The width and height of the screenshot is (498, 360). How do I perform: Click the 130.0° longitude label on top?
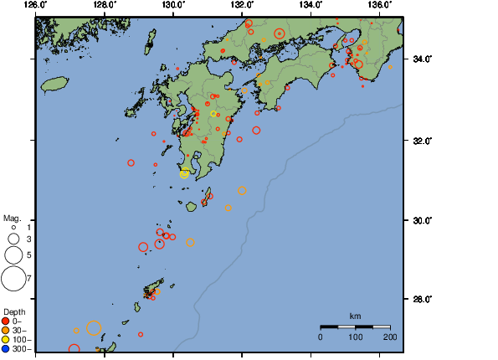click(x=172, y=4)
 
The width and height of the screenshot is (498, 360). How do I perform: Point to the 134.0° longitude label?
click(x=311, y=4)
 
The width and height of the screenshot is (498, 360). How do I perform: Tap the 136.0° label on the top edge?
click(x=379, y=4)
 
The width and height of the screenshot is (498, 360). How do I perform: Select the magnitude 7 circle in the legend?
click(x=13, y=277)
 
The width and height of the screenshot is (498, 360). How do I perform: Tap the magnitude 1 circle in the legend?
click(x=13, y=227)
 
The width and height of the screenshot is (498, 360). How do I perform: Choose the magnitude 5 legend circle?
click(x=13, y=255)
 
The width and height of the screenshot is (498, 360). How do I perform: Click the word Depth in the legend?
click(x=14, y=311)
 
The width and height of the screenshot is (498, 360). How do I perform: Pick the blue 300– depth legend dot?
click(x=6, y=348)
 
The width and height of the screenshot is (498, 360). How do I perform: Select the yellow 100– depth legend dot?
click(x=6, y=339)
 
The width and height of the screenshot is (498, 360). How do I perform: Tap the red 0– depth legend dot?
click(x=6, y=321)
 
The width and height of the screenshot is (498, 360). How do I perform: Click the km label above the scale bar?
click(x=355, y=316)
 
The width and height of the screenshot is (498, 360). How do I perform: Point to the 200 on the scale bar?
click(x=389, y=337)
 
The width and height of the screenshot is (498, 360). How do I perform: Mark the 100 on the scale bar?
click(x=355, y=337)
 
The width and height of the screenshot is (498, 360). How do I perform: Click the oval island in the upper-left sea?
click(x=54, y=84)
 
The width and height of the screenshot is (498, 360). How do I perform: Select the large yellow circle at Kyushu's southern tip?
click(x=185, y=173)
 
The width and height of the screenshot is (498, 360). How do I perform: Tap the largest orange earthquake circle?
click(x=94, y=329)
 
